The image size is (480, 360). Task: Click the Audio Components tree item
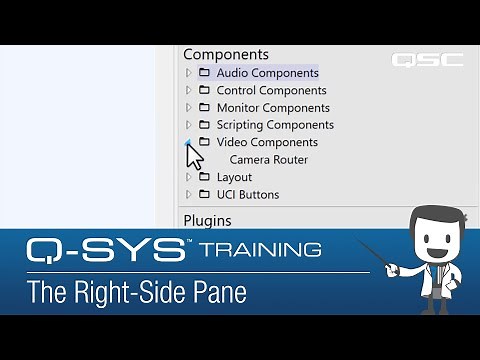267,73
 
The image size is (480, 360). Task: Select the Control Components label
271,90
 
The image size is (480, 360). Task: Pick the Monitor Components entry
273,108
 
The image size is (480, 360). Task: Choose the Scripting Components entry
275,125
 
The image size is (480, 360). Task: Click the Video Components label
267,142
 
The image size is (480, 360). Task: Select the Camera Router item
268,160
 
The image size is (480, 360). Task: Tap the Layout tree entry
234,177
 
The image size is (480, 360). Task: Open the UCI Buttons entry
248,194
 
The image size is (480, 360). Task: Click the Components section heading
226,54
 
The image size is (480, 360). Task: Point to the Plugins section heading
207,220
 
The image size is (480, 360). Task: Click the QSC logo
427,60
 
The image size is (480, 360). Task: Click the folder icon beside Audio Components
204,73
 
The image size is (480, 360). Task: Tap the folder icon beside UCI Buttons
204,194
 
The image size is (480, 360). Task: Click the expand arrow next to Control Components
188,90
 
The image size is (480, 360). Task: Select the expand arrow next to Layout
188,177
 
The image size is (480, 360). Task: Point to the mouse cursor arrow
193,157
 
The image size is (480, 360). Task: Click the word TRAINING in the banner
259,249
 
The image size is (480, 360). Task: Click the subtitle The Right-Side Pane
136,294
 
